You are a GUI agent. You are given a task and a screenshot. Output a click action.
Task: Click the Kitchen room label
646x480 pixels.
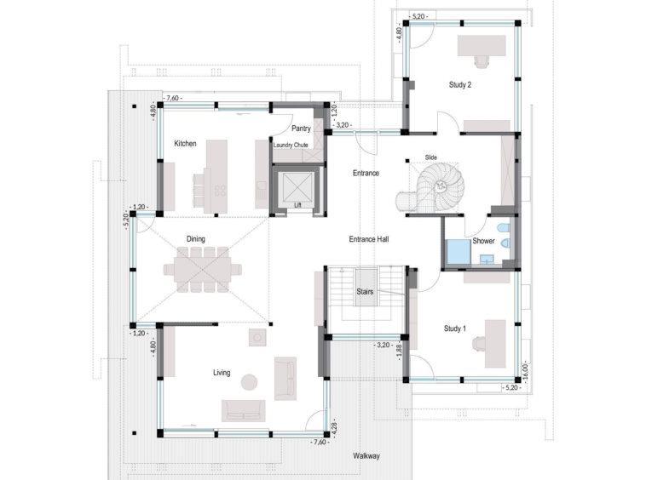(185, 144)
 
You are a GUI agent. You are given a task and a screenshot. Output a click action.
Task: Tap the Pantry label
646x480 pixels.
(301, 129)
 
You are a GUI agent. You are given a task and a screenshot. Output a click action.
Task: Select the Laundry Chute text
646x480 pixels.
(291, 146)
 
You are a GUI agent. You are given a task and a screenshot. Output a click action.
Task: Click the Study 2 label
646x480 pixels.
(460, 85)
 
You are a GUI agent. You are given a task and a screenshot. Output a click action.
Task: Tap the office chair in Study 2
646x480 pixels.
(482, 61)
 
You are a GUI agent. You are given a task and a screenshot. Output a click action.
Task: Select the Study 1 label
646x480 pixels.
(455, 329)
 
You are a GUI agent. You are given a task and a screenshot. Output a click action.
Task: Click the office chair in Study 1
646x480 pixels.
(480, 344)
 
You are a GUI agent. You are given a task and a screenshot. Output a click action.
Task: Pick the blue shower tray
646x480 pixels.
(459, 251)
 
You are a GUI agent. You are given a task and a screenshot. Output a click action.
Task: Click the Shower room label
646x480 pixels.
(483, 241)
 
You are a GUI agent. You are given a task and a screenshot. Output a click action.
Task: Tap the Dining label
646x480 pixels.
(196, 239)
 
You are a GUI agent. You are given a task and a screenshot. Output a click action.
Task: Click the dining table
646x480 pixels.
(202, 270)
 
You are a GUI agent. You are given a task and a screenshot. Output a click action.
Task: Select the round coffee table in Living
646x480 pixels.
(249, 382)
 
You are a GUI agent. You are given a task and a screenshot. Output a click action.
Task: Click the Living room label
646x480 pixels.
(222, 373)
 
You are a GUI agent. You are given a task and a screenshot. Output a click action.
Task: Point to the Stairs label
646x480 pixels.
(365, 292)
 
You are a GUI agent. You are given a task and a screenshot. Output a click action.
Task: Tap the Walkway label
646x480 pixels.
(366, 455)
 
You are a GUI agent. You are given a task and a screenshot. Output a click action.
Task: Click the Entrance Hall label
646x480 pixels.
(369, 239)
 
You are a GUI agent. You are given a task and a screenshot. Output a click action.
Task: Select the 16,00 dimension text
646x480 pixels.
(525, 372)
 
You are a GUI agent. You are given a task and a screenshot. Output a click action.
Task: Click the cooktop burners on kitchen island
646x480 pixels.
(220, 191)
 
